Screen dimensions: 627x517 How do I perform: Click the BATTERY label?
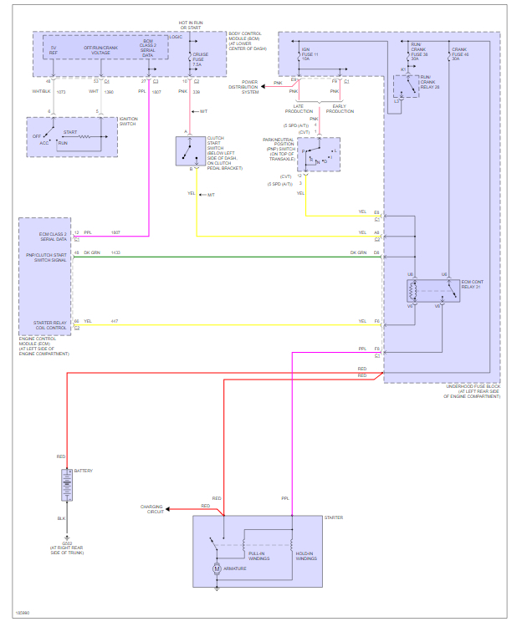pyautogui.click(x=83, y=471)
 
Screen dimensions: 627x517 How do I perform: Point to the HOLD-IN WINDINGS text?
pyautogui.click(x=306, y=555)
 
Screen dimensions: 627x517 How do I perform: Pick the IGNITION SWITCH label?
pyautogui.click(x=128, y=121)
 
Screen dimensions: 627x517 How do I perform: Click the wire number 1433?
pyautogui.click(x=115, y=252)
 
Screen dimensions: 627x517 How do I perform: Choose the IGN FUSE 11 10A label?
pyautogui.click(x=312, y=56)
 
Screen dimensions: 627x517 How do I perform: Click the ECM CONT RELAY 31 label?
pyautogui.click(x=472, y=284)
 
